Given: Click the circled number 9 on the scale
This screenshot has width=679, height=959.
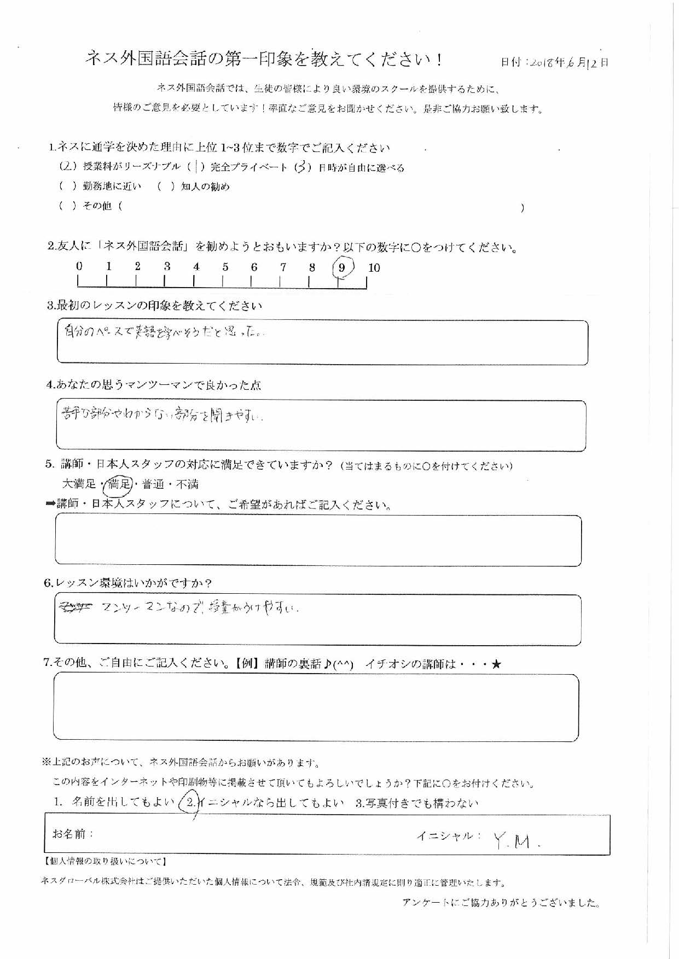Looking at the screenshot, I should pyautogui.click(x=343, y=268).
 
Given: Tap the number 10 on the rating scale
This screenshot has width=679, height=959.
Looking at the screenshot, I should pyautogui.click(x=374, y=268).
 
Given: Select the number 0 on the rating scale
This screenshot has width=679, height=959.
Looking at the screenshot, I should pyautogui.click(x=79, y=267).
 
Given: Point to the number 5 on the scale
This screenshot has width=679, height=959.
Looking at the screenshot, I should pyautogui.click(x=225, y=267).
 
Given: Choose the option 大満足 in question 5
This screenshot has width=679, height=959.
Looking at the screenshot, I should pyautogui.click(x=79, y=484).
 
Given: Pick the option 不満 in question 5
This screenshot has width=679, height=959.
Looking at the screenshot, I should pyautogui.click(x=187, y=484).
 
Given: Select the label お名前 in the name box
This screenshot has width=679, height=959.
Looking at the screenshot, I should pyautogui.click(x=73, y=834).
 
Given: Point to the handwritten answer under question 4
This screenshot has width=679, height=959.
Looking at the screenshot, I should pyautogui.click(x=162, y=416).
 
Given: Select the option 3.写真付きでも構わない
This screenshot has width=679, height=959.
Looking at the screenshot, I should pyautogui.click(x=417, y=803).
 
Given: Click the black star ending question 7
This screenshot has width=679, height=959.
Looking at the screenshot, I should pyautogui.click(x=496, y=664).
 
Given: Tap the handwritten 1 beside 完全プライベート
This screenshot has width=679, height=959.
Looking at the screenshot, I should pyautogui.click(x=195, y=167).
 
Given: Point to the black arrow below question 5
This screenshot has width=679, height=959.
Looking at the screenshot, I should pyautogui.click(x=50, y=504).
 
